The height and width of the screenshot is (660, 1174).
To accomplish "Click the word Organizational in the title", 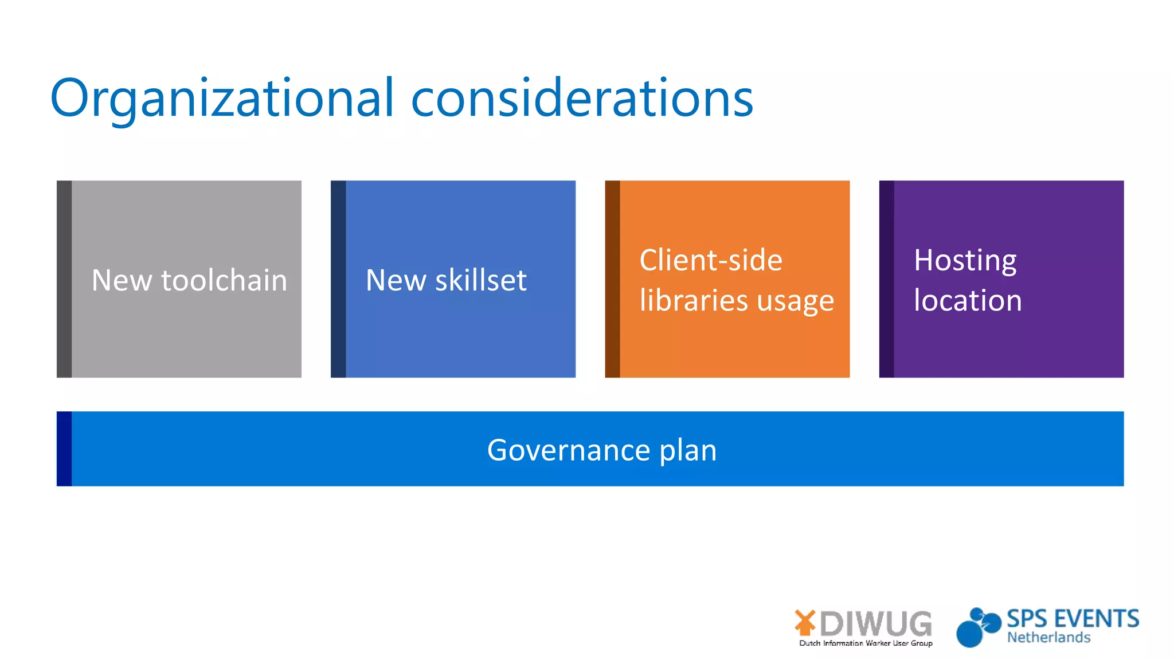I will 222,99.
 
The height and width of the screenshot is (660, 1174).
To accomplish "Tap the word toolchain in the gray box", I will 224,280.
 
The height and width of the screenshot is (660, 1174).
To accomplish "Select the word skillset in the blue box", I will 480,280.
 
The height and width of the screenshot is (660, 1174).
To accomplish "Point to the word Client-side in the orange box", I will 711,260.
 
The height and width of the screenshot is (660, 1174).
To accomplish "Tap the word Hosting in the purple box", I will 965,261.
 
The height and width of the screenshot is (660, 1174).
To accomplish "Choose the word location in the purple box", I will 968,300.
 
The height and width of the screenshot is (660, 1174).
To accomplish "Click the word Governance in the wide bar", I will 568,450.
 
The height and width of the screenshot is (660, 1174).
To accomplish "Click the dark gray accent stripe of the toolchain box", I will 64,279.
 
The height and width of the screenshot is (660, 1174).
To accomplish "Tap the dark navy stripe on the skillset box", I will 338,279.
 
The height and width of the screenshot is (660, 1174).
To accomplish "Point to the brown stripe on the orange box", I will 612,279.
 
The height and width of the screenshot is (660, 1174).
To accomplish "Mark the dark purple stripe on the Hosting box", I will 886,279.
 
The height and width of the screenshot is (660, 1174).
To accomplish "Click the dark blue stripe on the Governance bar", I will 64,449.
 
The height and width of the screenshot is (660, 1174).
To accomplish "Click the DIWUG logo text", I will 876,623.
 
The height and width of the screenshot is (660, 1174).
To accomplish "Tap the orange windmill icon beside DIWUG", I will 805,623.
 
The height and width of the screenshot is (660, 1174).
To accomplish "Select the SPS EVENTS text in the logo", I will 1073,619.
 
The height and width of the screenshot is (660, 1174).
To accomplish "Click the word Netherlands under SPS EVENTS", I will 1048,638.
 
